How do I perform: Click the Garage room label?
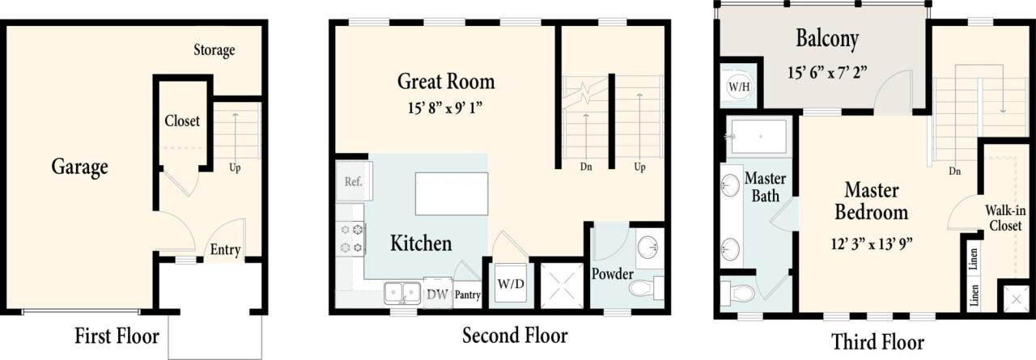click(79, 167)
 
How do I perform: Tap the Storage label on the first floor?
click(214, 50)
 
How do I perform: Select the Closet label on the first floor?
click(182, 121)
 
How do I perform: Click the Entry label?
click(225, 250)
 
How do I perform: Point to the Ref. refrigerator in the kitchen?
click(352, 182)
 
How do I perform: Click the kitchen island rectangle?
click(452, 193)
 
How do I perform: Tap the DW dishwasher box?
click(437, 294)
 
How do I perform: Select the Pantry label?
click(467, 296)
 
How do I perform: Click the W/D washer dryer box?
click(510, 284)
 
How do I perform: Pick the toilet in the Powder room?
click(646, 289)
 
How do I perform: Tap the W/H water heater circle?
click(738, 86)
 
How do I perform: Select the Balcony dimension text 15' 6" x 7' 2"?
click(827, 71)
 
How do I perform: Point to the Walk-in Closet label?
click(1003, 218)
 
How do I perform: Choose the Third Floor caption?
click(877, 341)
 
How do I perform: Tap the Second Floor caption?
click(515, 335)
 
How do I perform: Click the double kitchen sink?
click(402, 292)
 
